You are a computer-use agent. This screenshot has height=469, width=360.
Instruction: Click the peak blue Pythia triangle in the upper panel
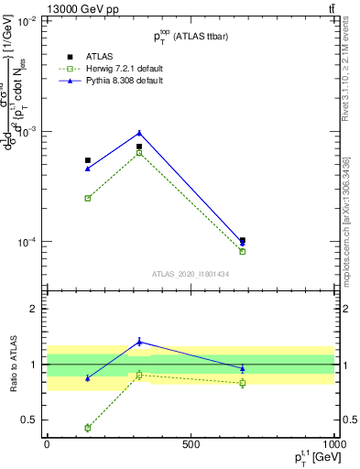coord(139,133)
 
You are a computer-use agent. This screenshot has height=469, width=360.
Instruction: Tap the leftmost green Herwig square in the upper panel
coord(88,198)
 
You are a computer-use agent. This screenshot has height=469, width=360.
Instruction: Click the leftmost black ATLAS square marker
coord(88,160)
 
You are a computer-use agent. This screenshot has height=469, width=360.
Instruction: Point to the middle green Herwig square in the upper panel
coord(139,152)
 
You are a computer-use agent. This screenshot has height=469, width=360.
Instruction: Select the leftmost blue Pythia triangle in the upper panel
coord(88,169)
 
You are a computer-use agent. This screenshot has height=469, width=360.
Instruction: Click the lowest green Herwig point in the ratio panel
coord(88,428)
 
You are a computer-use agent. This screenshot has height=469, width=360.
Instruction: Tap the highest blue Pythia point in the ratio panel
coord(139,342)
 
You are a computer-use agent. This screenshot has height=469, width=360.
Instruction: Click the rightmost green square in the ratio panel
coord(243,383)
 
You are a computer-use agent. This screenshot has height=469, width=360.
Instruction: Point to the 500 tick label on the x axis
coord(191,443)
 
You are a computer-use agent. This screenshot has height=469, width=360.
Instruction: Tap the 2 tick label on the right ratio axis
coord(347,309)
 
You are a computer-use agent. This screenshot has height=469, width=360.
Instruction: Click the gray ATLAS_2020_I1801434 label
coord(191,274)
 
